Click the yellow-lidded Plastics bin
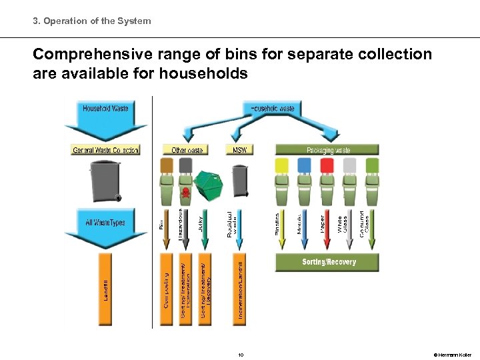282,181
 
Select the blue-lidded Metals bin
304,181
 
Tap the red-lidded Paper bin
327,181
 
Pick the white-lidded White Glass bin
349,181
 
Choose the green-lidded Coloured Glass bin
371,181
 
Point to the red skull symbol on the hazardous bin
185,193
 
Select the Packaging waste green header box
327,150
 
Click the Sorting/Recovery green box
327,262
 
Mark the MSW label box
240,150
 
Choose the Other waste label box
187,150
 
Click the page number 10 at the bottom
241,355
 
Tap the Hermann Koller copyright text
452,355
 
